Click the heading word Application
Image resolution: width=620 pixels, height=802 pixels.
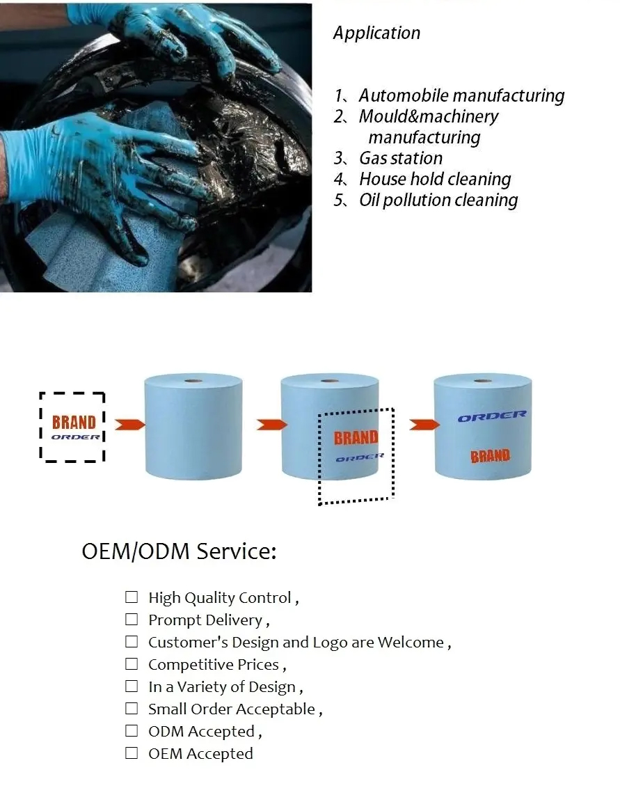(376, 33)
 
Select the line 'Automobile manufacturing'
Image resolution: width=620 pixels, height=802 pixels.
(461, 95)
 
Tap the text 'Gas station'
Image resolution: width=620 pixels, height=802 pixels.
(401, 158)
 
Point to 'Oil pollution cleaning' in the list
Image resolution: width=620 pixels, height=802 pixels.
(438, 200)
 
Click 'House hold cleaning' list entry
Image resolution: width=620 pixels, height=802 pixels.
(435, 179)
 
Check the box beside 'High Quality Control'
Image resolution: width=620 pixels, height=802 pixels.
(132, 597)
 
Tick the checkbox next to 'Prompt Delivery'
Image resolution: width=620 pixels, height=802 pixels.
(132, 620)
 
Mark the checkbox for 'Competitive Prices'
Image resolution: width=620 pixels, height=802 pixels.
(132, 664)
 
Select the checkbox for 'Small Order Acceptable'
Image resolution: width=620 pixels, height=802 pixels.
(132, 709)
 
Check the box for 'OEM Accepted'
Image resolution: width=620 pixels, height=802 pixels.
(132, 753)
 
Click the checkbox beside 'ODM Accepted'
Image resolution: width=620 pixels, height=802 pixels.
(132, 731)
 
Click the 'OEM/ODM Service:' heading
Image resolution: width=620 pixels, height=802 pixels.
(179, 551)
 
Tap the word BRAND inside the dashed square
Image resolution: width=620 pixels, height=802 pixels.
(74, 423)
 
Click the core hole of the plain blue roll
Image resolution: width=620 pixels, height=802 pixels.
(193, 381)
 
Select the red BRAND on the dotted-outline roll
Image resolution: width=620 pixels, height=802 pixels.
(356, 438)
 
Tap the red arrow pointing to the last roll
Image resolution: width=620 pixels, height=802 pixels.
(424, 425)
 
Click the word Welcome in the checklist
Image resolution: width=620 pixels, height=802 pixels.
(411, 642)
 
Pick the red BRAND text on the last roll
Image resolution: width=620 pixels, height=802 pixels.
(490, 456)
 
